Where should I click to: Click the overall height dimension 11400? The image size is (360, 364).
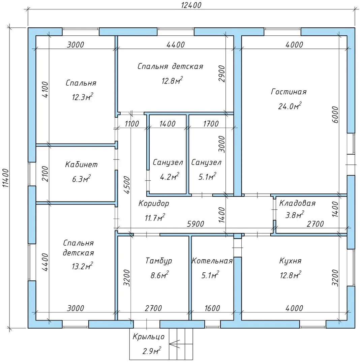click(6, 179)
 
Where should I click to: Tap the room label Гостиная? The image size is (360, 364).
click(289, 92)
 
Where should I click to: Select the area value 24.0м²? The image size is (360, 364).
click(290, 106)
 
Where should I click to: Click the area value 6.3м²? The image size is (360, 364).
click(81, 179)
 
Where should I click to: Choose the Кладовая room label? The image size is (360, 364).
click(297, 203)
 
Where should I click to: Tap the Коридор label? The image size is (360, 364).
click(154, 204)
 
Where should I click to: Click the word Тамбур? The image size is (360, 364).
click(159, 261)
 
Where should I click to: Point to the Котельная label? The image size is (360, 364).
click(212, 261)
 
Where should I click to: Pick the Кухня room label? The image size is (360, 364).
click(290, 261)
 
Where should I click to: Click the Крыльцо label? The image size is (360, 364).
click(148, 337)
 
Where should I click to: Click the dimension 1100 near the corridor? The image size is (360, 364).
click(131, 124)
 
